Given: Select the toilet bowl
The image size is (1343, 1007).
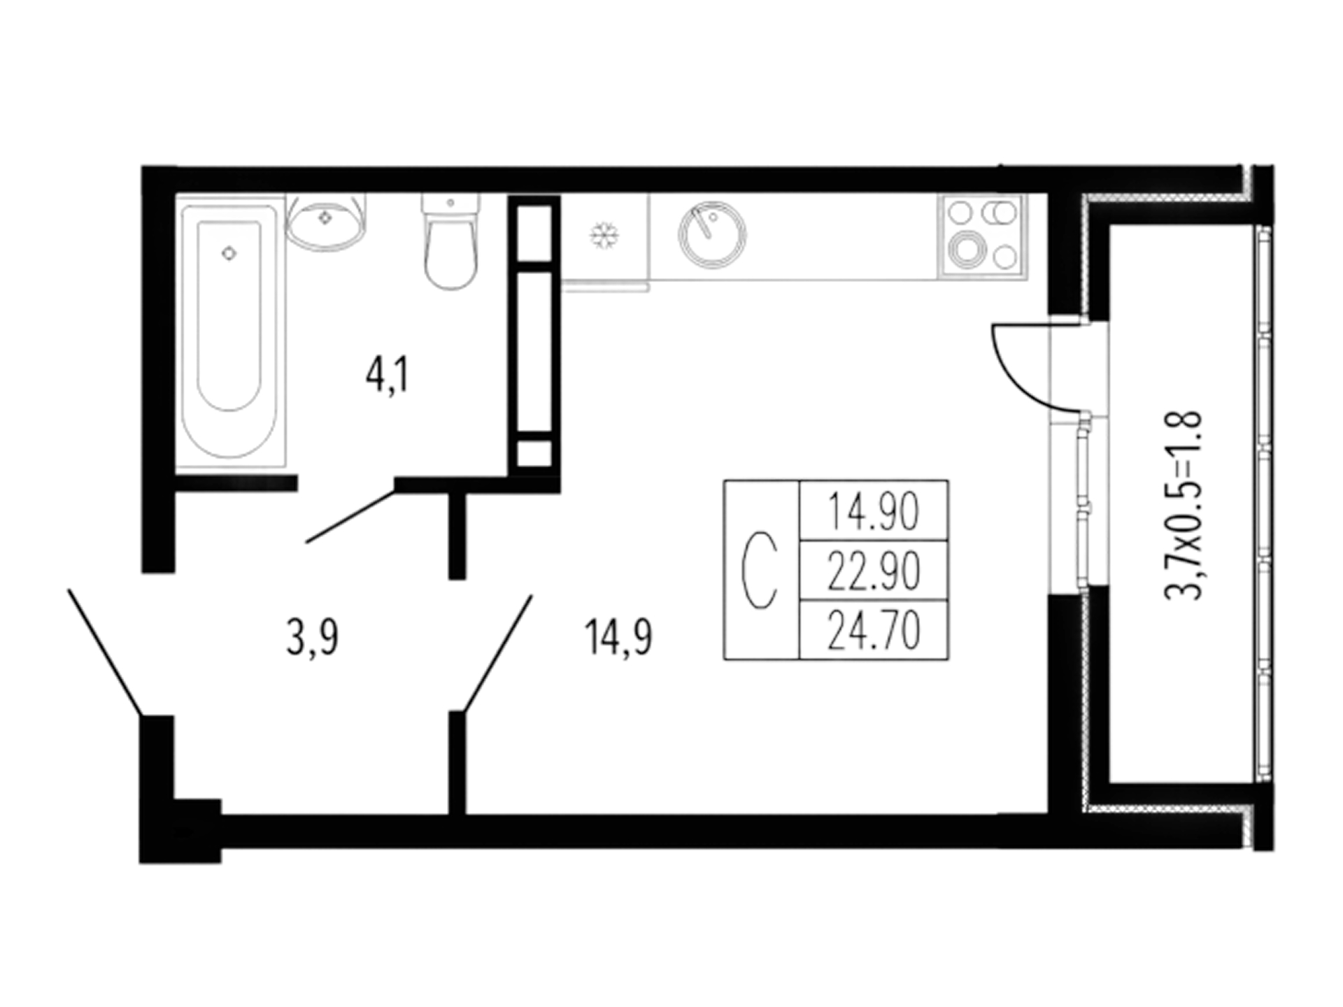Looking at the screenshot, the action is tap(451, 241).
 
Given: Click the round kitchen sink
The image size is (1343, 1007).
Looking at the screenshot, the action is tap(711, 235).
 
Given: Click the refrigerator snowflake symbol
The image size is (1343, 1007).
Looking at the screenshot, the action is tap(601, 235).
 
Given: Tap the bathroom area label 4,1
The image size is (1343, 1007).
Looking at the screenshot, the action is tap(387, 376).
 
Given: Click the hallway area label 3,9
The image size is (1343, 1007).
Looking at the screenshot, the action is tap(312, 638).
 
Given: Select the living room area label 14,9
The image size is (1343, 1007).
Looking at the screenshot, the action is tap(619, 638).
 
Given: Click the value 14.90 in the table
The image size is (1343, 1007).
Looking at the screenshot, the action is tap(873, 511).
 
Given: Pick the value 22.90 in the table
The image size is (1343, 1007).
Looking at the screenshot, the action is tap(873, 571).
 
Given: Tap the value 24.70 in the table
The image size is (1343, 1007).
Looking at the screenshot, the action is tap(873, 630).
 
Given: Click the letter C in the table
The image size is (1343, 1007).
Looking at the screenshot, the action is tap(760, 570).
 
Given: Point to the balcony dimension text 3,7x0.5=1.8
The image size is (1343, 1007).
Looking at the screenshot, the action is tap(1184, 504).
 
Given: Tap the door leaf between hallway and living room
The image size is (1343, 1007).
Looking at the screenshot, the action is tap(497, 653).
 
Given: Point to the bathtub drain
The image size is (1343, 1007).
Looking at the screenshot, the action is tap(228, 254).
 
